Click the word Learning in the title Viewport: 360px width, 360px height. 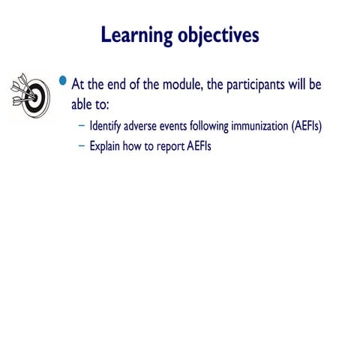[x=136, y=34]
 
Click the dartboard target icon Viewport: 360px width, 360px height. [x=30, y=95]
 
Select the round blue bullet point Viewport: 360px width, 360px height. [x=63, y=80]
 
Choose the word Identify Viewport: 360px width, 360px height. [x=108, y=126]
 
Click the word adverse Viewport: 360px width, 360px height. [x=148, y=126]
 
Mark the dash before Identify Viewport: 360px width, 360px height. [x=81, y=126]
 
